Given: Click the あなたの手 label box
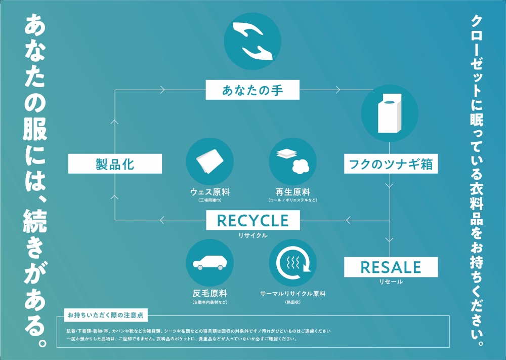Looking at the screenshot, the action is (252, 90).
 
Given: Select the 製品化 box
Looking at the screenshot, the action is (115, 164).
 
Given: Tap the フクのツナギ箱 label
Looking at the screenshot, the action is (391, 164).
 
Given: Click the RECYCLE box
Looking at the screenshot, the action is (253, 220).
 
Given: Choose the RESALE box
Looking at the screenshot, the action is (391, 267).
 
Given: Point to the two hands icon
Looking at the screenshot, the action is (252, 42).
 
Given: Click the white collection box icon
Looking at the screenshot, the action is (390, 113).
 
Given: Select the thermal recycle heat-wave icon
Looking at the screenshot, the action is (292, 263).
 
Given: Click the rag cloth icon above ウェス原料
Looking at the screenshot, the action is (210, 162).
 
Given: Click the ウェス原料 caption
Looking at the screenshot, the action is (210, 192).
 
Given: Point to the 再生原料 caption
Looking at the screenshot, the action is (292, 192).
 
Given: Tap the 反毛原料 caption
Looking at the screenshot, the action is (210, 294).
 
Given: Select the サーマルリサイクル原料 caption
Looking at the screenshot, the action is (292, 294).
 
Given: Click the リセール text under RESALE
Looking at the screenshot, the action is (391, 282).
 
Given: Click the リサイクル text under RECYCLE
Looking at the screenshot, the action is (253, 235).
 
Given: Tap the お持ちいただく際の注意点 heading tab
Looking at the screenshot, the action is (106, 315).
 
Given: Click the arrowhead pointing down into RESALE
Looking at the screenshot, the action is (390, 240).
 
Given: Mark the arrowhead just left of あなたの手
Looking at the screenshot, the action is (162, 90).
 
